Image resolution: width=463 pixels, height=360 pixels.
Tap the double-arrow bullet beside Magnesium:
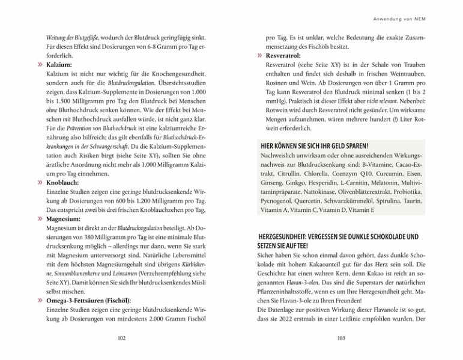tap(39, 220)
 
